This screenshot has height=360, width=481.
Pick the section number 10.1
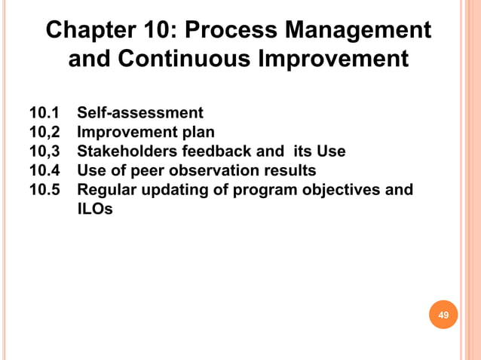(x=44, y=114)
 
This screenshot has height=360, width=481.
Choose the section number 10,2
(x=44, y=133)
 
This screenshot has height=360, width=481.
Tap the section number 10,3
(x=44, y=151)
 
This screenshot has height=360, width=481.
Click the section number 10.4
(x=44, y=170)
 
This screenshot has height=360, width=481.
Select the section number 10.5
(x=44, y=189)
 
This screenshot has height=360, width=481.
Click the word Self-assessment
(x=140, y=114)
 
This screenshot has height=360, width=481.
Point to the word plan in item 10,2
(x=197, y=133)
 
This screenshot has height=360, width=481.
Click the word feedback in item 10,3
(x=214, y=151)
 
